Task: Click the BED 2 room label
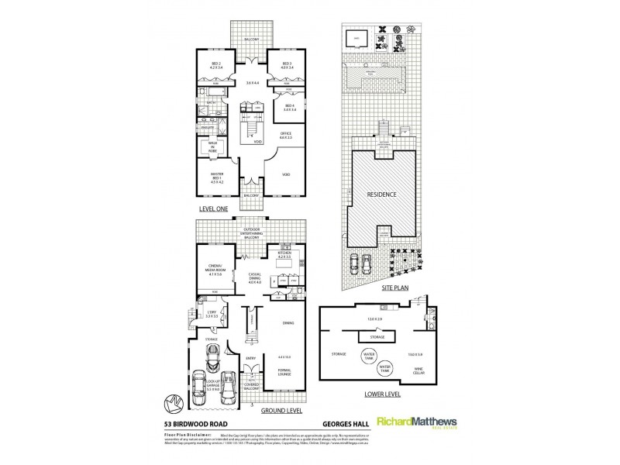coord(215,65)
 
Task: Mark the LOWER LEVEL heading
coord(375,394)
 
